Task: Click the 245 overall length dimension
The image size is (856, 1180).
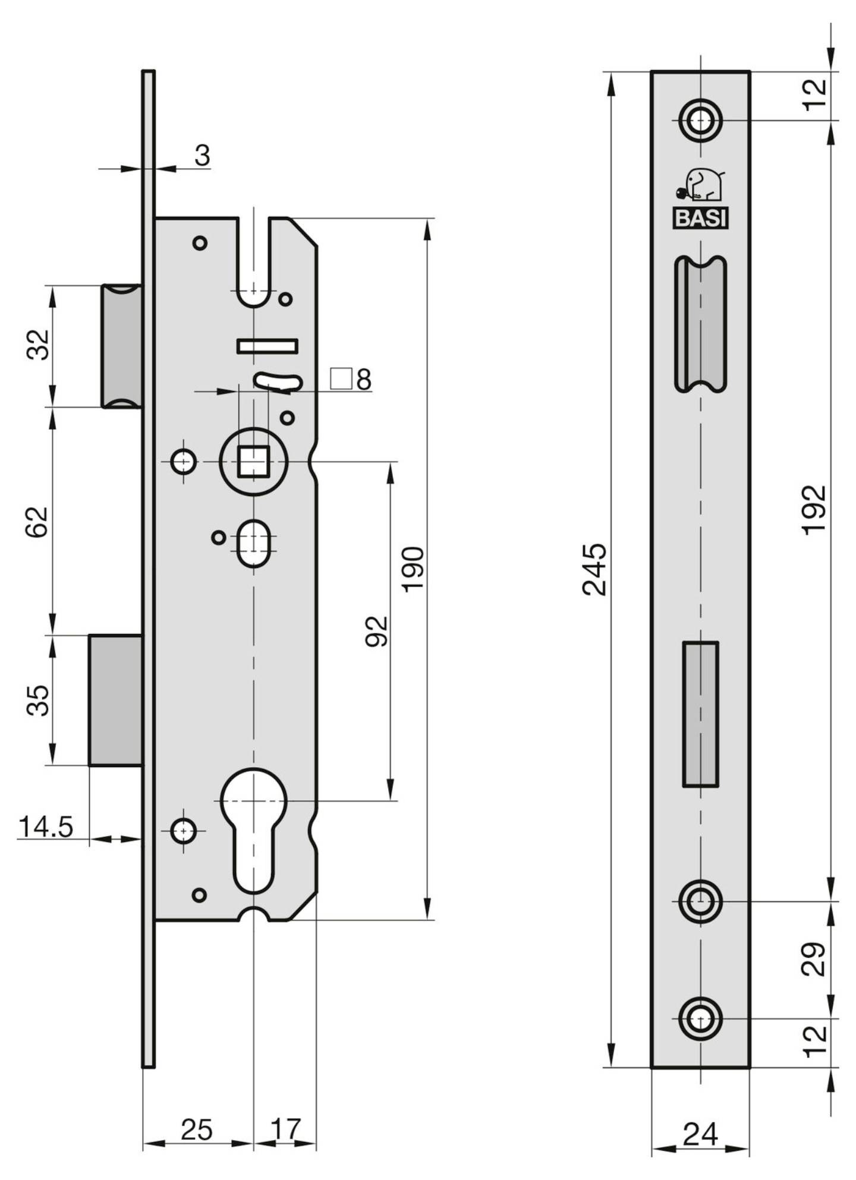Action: click(594, 569)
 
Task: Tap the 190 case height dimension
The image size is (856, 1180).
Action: click(412, 569)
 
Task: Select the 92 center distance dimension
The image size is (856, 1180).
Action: click(376, 631)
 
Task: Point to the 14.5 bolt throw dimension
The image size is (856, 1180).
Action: click(46, 826)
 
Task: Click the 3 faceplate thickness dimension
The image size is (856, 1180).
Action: click(202, 156)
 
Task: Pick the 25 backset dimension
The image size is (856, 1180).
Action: click(196, 1129)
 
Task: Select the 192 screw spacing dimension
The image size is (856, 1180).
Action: click(814, 510)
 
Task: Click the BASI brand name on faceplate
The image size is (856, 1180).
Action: click(701, 218)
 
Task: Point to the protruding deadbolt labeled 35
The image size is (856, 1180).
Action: click(115, 700)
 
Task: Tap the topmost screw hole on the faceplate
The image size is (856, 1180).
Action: click(701, 121)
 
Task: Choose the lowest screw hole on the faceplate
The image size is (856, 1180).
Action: click(701, 1018)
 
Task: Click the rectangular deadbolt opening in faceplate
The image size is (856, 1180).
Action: click(700, 714)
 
